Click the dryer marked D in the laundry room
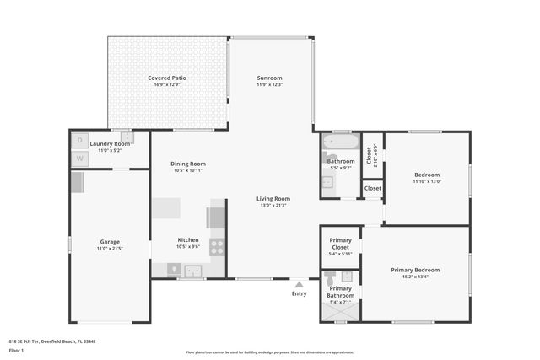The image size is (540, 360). (x=80, y=140)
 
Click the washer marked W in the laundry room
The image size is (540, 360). (x=80, y=158)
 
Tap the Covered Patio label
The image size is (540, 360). (x=167, y=78)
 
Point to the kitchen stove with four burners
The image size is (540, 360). (x=217, y=247)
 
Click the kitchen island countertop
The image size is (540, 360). (x=167, y=207)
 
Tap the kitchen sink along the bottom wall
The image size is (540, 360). (x=192, y=271)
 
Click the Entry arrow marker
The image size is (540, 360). (x=300, y=284)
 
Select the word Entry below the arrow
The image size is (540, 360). (x=300, y=293)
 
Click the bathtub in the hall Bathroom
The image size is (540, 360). (x=342, y=143)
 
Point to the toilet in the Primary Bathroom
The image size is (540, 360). (x=330, y=276)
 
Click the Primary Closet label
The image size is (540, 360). (x=340, y=244)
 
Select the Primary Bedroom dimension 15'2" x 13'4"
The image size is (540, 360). (x=415, y=277)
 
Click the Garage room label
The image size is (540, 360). (x=110, y=242)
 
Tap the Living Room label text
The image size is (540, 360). (x=273, y=198)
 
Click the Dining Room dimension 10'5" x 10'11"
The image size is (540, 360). (x=188, y=170)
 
